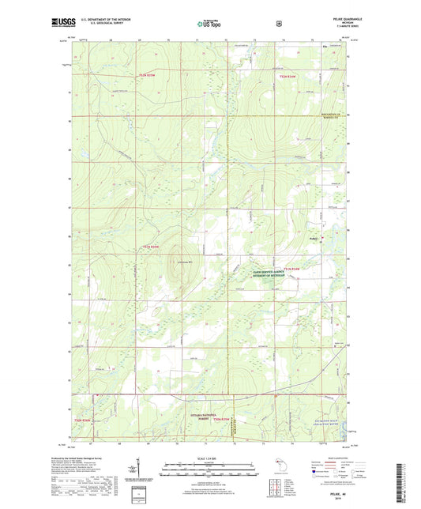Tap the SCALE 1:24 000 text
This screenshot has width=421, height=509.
point(210,459)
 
